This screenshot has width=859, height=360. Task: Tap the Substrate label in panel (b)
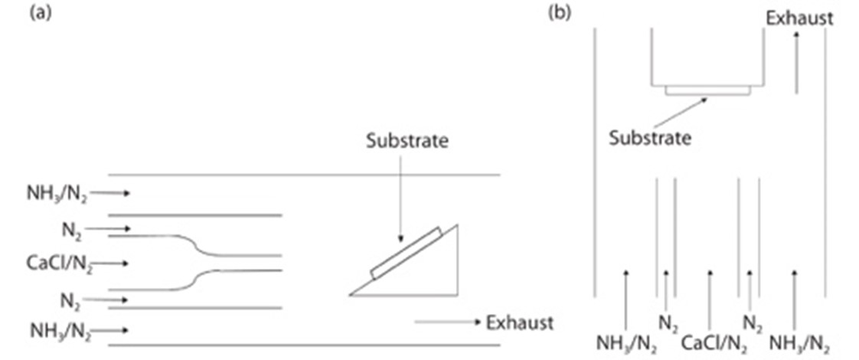[650, 139]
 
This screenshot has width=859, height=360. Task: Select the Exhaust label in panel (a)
[519, 322]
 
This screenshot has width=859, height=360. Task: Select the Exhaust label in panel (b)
[799, 18]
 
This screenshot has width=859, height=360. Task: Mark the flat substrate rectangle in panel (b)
[707, 90]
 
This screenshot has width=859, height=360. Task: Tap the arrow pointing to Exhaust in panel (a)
[447, 322]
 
